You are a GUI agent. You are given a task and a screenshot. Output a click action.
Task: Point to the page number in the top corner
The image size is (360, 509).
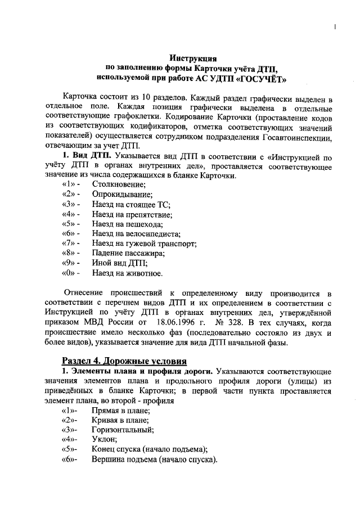pos(335,27)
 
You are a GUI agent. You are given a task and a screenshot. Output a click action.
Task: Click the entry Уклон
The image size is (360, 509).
pos(104,439)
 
